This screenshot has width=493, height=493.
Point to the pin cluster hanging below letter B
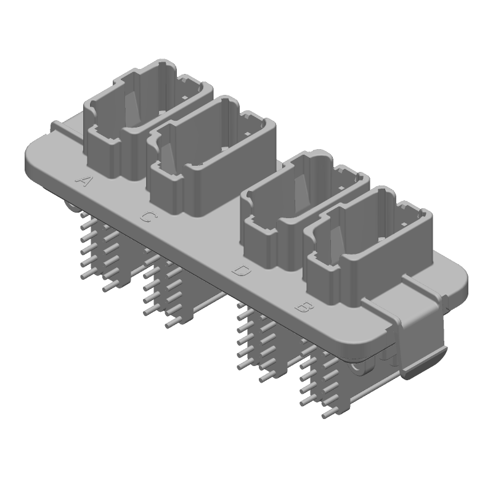click(320, 382)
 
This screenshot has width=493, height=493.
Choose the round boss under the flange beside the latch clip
click(361, 369)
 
